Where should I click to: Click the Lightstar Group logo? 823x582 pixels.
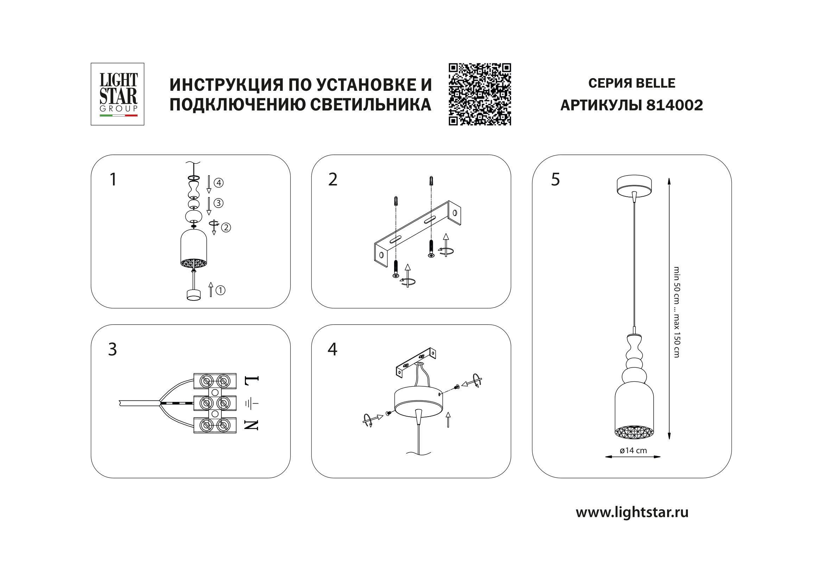118,94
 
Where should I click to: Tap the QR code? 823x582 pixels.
480,94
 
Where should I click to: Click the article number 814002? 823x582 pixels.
674,105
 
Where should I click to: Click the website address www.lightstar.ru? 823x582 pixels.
632,512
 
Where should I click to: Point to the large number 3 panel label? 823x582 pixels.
113,349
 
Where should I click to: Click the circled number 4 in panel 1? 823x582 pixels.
219,183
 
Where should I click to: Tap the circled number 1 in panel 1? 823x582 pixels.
221,290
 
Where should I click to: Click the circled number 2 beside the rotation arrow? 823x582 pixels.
226,227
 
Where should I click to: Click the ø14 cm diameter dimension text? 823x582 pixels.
633,450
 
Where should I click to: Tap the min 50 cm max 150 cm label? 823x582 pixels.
676,312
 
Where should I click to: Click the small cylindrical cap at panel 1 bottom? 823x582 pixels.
194,295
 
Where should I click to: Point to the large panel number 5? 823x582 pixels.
555,179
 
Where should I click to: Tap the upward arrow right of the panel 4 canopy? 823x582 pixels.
448,419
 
